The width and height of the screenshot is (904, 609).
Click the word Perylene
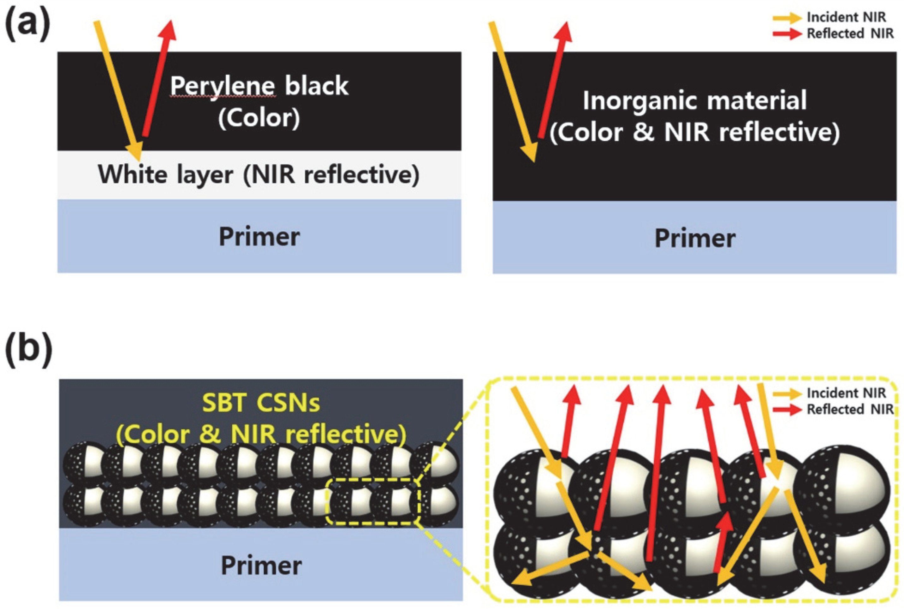pos(223,86)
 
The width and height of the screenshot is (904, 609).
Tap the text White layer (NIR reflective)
pos(259,175)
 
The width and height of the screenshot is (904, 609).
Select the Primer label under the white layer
pos(259,237)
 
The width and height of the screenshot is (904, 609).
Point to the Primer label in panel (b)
pos(261,565)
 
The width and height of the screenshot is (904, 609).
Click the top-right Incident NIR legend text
pos(846,17)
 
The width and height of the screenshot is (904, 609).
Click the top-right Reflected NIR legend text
pos(850,33)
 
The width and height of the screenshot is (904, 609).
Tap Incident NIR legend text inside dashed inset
pos(846,393)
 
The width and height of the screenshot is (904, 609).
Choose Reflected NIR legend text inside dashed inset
pos(850,409)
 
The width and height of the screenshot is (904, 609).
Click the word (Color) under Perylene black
pos(259,118)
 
